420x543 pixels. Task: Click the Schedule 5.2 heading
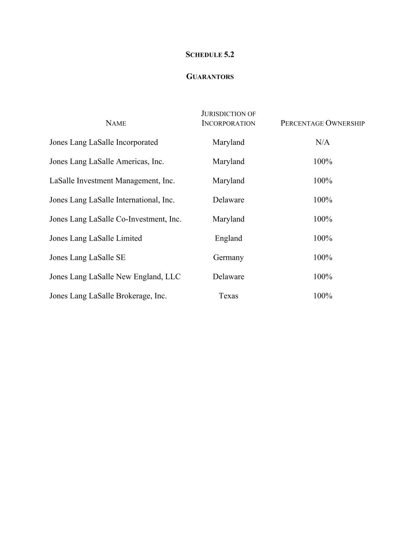click(210, 54)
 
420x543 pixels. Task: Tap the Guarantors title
click(210, 76)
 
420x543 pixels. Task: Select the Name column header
click(116, 123)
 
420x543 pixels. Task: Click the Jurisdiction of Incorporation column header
click(228, 119)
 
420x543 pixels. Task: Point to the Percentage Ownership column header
click(322, 123)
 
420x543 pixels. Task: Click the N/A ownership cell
click(322, 142)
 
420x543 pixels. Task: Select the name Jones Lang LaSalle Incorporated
click(104, 142)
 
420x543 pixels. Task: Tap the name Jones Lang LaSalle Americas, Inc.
click(107, 162)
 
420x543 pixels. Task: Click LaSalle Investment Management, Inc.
click(112, 181)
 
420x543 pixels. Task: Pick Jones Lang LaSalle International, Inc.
click(112, 200)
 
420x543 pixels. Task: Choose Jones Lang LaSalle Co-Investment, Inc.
click(115, 219)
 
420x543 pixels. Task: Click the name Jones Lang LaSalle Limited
click(96, 238)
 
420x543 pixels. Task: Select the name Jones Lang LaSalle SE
click(87, 257)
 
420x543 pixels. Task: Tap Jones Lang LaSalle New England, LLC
click(115, 276)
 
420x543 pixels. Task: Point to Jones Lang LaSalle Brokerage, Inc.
click(108, 296)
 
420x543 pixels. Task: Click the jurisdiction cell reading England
click(228, 238)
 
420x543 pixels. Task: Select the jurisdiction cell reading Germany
click(228, 257)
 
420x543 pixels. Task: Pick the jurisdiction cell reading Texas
click(228, 296)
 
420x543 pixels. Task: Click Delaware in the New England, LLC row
click(228, 276)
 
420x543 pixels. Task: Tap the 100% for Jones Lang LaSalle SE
click(322, 257)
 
